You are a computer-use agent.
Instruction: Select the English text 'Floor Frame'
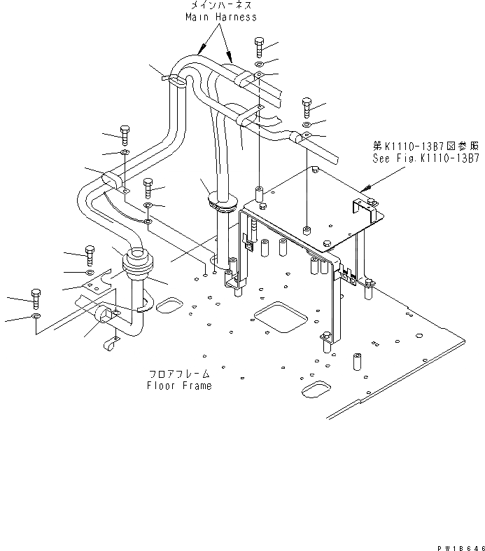coord(179,386)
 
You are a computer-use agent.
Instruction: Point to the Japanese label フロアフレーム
coord(179,374)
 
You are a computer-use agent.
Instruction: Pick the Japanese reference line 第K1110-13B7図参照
coord(426,147)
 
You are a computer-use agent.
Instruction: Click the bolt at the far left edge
coord(36,297)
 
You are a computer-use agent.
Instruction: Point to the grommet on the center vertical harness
coord(222,205)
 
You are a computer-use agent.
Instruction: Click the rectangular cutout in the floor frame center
coord(280,317)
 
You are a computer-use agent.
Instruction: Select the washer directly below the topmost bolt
coord(259,64)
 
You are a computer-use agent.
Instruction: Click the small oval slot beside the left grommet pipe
coord(167,306)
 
